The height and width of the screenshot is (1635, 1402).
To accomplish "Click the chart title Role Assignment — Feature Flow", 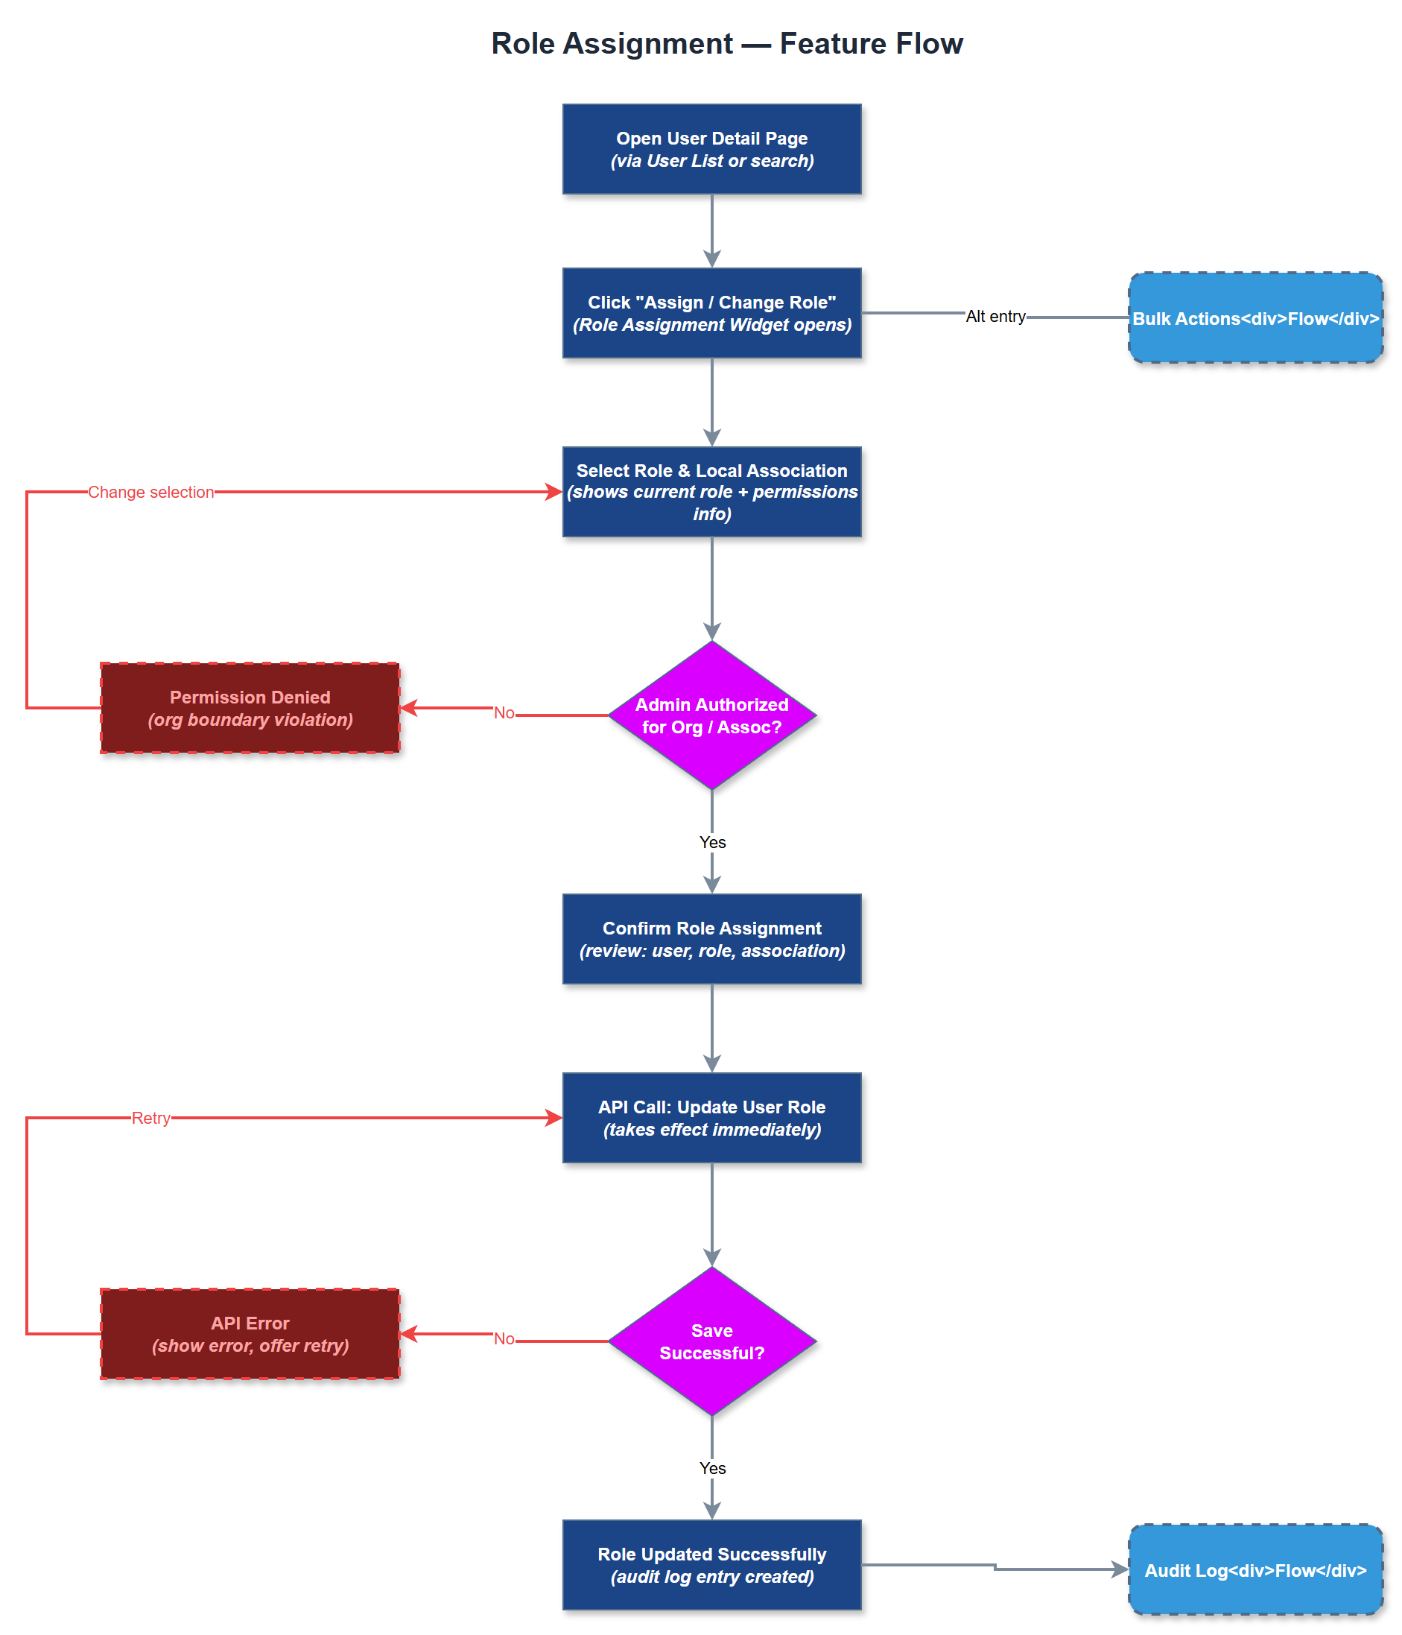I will click(726, 43).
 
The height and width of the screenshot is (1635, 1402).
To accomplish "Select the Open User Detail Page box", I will click(711, 149).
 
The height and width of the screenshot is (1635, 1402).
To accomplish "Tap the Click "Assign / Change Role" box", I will click(711, 313).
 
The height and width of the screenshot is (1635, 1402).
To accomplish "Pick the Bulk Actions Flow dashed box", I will click(1254, 318).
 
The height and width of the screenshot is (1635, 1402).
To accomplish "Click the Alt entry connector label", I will click(995, 317).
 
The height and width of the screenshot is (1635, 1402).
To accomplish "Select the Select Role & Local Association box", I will click(711, 492).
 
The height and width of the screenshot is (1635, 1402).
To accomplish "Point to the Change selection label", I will click(150, 493).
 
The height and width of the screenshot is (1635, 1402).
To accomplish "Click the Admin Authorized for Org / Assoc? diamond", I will click(711, 715).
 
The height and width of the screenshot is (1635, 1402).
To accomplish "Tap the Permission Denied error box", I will click(250, 708).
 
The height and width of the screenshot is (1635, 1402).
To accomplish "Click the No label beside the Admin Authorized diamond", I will click(504, 712).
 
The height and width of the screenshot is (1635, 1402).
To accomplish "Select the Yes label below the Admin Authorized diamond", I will click(711, 842).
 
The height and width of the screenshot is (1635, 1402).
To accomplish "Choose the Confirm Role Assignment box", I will click(711, 939).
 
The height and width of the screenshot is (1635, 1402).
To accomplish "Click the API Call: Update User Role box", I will click(711, 1117).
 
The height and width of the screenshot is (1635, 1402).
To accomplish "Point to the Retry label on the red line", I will click(150, 1117).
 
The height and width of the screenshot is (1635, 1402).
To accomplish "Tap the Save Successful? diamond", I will click(711, 1341).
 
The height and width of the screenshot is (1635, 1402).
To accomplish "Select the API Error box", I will click(250, 1334).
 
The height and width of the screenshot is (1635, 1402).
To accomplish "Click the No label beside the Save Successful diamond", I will click(504, 1338).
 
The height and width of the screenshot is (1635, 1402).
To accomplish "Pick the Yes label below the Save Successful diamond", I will click(711, 1468).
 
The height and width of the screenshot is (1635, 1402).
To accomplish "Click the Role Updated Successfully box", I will click(711, 1564).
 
